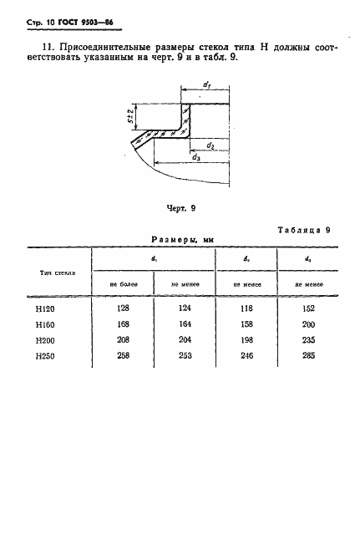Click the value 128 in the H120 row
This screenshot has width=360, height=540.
coord(123,308)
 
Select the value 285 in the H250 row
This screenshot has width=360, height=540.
coord(308,355)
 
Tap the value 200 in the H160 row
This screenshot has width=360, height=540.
coord(308,324)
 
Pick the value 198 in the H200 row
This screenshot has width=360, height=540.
coord(246,340)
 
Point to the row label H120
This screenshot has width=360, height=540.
coord(45,309)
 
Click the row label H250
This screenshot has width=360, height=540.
coord(45,356)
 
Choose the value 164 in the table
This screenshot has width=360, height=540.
coord(185,324)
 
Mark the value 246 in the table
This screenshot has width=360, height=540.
coord(246,355)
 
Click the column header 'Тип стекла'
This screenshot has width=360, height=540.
coord(58,273)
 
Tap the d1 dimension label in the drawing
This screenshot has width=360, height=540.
coord(206,84)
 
